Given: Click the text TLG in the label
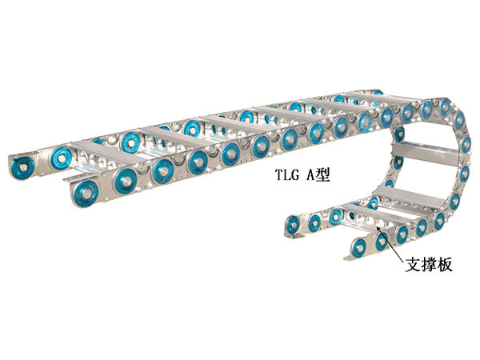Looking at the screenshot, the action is pyautogui.click(x=287, y=175).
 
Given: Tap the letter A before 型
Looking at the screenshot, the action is pyautogui.click(x=310, y=175).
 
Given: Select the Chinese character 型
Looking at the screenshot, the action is pyautogui.click(x=323, y=175).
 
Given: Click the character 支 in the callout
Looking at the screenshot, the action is pyautogui.click(x=414, y=265).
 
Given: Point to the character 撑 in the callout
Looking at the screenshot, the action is pyautogui.click(x=429, y=265).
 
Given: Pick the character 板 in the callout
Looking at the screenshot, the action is pyautogui.click(x=445, y=265).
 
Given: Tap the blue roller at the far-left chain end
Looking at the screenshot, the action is pyautogui.click(x=22, y=167).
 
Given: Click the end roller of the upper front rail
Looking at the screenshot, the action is pyautogui.click(x=86, y=193).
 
